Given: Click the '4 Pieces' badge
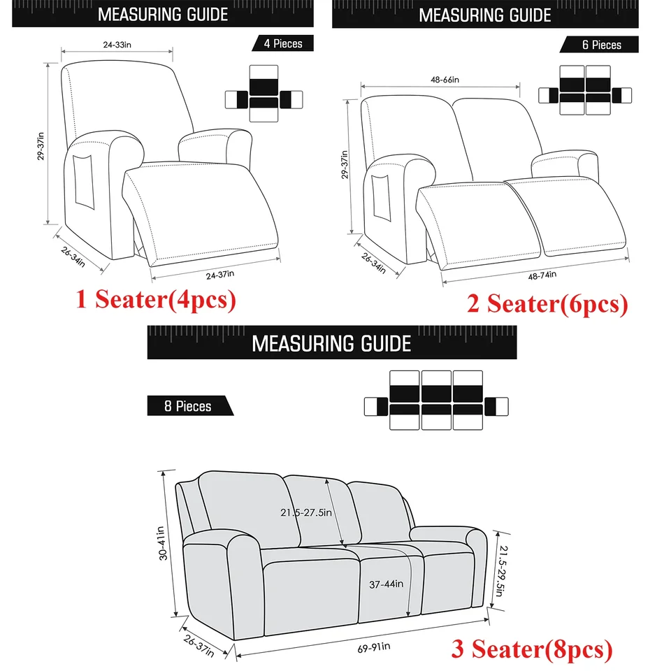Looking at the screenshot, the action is point(283,43).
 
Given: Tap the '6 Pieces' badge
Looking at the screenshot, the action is point(600,45).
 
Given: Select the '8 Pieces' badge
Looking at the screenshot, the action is point(190,405).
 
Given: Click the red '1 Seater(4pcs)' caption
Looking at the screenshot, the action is point(156,299).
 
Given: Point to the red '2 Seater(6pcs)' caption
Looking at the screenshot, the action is point(547,304).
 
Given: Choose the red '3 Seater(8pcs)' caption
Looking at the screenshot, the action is point(531,649).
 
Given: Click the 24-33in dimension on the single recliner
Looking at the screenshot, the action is point(117,45).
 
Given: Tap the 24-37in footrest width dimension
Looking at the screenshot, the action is point(220,274).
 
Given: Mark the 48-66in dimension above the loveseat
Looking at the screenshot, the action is point(445,80).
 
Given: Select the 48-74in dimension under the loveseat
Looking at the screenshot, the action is point(542,275).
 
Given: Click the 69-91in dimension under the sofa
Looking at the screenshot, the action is point(374,647).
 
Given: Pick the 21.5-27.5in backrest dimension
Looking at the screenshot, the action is point(306,512).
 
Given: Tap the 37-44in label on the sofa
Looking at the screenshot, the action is point(386,584).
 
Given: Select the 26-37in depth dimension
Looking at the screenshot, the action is point(199,646).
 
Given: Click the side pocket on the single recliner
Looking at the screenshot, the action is point(83,182).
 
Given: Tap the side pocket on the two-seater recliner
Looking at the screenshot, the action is point(382,198).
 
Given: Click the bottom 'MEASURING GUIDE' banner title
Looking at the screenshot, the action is point(331,343).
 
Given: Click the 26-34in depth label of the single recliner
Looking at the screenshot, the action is point(73,257).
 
